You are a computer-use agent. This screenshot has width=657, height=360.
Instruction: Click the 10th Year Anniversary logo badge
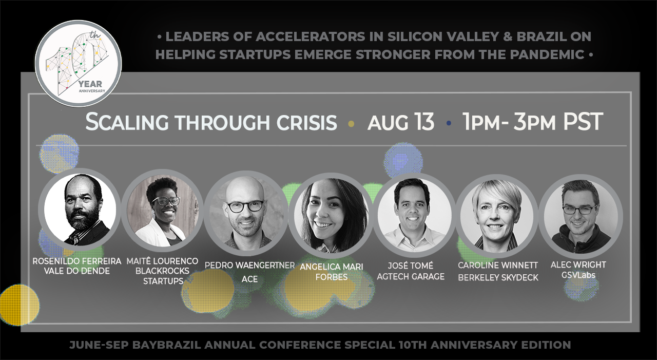(79, 63)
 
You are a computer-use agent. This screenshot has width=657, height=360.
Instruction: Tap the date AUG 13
(401, 122)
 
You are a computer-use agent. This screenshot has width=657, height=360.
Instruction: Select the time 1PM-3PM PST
(533, 122)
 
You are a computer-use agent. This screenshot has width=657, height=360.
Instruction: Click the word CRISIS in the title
(306, 122)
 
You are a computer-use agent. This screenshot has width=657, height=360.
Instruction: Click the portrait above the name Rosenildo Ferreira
(80, 210)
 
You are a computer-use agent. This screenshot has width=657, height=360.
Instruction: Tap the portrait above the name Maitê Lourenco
(163, 211)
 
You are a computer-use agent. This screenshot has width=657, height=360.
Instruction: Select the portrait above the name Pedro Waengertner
(246, 213)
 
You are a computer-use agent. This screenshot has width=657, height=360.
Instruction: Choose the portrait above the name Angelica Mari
(331, 215)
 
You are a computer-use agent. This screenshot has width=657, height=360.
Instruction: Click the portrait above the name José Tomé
(414, 215)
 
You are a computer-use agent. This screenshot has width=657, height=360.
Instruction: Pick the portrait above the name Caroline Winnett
(497, 216)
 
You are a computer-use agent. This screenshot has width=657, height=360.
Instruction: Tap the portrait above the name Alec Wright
(581, 217)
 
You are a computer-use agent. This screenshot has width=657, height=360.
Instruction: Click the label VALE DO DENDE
(77, 271)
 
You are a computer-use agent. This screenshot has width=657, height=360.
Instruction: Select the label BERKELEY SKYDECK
(498, 277)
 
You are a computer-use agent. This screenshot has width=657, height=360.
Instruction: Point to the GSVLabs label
(578, 275)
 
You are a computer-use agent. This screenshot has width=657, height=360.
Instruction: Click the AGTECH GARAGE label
(411, 276)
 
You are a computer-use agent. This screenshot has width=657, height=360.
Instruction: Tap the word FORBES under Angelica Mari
(332, 277)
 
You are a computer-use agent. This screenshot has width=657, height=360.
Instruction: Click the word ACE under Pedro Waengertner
(249, 279)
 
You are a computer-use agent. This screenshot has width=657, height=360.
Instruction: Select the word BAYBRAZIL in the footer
(167, 345)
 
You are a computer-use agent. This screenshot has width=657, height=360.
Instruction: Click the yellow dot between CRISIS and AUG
(351, 124)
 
